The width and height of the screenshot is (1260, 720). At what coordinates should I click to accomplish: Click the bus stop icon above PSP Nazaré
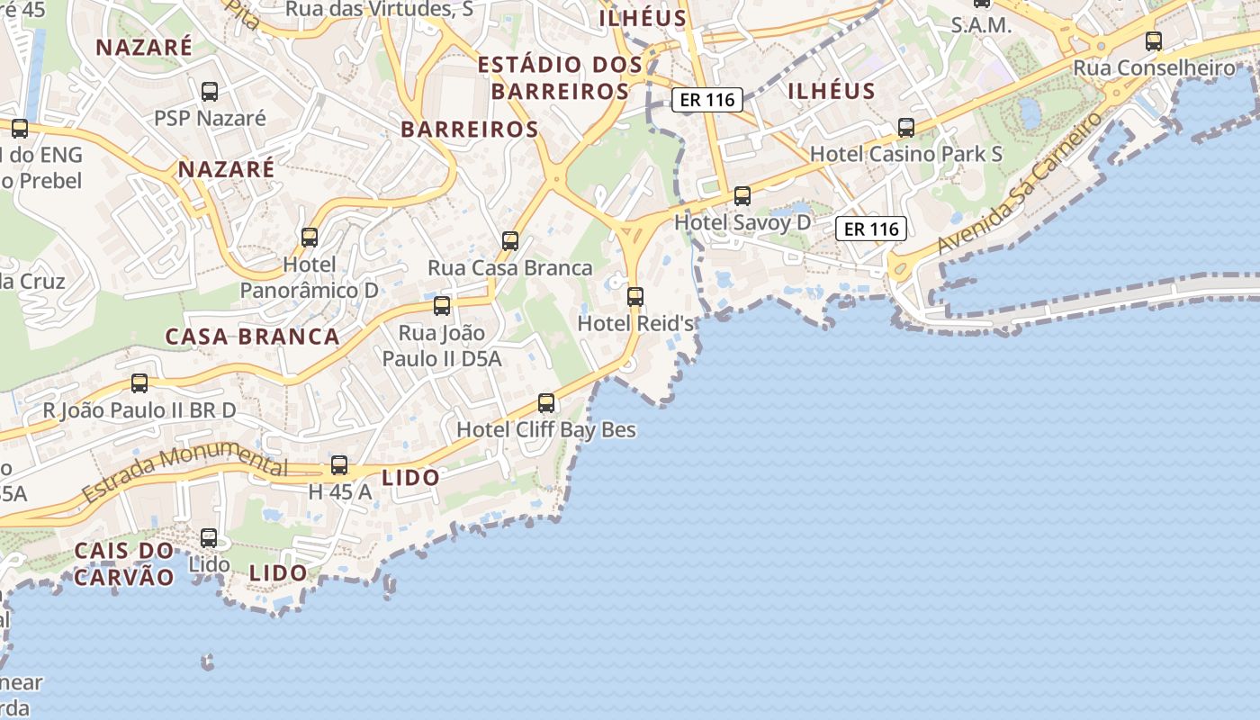(210, 91)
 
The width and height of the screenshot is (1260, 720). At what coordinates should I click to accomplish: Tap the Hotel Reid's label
(635, 322)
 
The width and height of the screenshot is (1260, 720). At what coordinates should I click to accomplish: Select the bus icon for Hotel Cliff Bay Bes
(546, 402)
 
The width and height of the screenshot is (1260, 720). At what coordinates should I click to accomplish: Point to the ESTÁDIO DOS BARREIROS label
(560, 77)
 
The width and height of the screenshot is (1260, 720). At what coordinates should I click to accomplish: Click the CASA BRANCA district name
(252, 337)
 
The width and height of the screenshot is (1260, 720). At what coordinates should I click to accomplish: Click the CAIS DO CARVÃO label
(124, 563)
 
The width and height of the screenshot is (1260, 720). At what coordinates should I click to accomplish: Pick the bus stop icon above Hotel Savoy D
(742, 195)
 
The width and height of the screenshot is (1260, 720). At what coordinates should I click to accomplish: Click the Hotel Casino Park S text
(906, 154)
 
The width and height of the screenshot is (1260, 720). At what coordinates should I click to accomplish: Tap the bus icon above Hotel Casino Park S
(906, 127)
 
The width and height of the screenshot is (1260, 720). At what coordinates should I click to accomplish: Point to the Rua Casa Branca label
(510, 267)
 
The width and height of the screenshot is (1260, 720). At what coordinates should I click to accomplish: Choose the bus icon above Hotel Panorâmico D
(310, 237)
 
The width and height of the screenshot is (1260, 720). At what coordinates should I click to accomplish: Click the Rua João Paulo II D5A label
(442, 346)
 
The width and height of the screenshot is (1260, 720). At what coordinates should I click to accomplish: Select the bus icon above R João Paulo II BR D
(139, 382)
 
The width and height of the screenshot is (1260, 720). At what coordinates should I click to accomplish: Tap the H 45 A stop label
(339, 491)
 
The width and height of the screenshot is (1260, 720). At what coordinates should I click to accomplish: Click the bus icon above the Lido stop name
(209, 537)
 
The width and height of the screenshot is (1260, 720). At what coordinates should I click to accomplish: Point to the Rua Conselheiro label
(1154, 67)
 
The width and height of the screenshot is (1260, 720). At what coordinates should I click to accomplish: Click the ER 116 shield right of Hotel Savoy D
(871, 229)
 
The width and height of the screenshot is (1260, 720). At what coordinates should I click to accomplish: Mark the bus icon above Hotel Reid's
(635, 296)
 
